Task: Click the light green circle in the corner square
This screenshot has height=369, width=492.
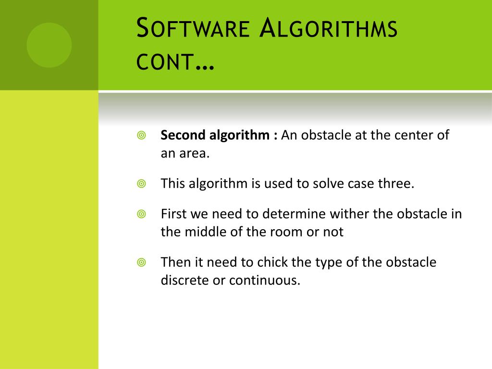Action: pyautogui.click(x=49, y=45)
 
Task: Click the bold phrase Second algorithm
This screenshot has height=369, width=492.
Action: pyautogui.click(x=215, y=135)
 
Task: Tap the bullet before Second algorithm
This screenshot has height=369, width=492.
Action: pyautogui.click(x=141, y=135)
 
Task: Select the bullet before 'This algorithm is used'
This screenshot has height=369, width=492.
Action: pyautogui.click(x=141, y=184)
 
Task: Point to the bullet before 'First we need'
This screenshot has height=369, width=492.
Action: pyautogui.click(x=141, y=214)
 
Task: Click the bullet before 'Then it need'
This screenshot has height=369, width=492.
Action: pyautogui.click(x=141, y=262)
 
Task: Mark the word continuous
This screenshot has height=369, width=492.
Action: pyautogui.click(x=264, y=281)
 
